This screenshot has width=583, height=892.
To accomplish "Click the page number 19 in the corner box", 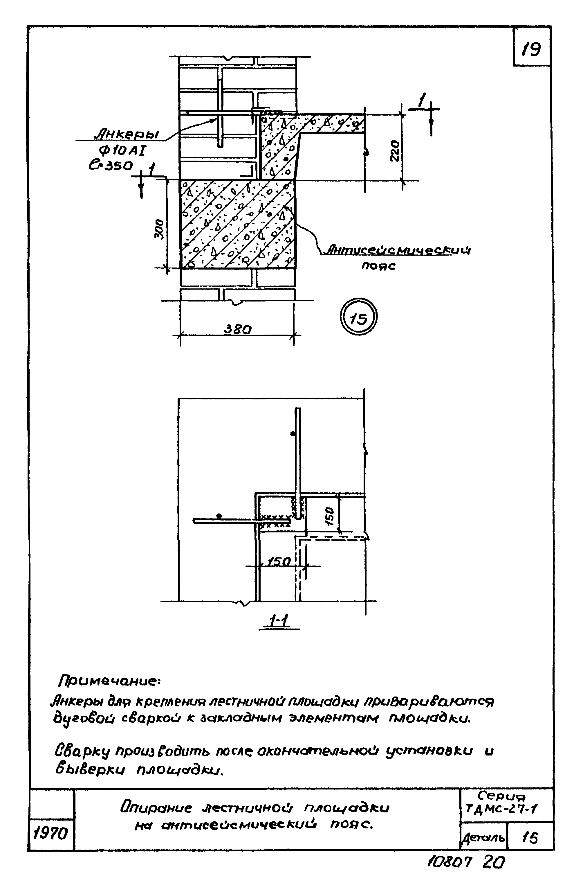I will [531, 49].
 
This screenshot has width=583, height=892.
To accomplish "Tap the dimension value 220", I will [395, 151].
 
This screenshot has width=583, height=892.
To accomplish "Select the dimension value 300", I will [159, 229].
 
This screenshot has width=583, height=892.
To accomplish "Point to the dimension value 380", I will [238, 329].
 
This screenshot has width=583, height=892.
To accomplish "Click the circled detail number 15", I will [358, 318].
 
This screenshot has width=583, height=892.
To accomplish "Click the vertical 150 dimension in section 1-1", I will [329, 516].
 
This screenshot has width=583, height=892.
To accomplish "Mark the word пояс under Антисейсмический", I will [378, 266].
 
